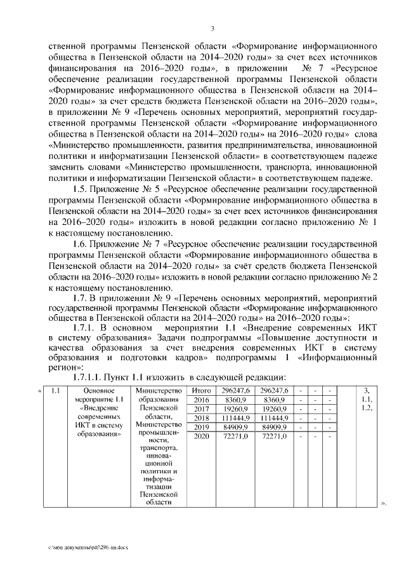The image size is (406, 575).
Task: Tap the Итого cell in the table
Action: click(x=201, y=390)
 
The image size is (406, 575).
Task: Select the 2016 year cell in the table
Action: click(x=201, y=400)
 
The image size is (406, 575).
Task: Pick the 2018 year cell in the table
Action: click(x=201, y=418)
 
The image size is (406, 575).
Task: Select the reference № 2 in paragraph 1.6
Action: click(x=370, y=276)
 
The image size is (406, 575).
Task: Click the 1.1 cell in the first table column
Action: click(x=55, y=390)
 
